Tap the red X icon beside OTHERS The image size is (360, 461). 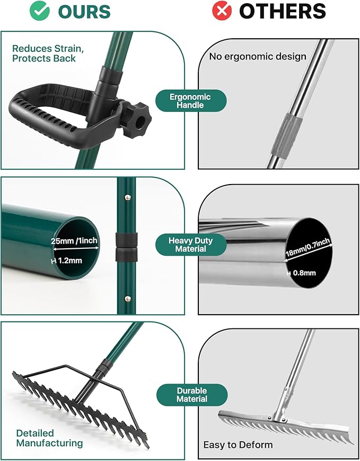222,12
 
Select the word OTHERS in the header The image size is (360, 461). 282,12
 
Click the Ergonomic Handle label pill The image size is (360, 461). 190,101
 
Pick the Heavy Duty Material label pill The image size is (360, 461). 190,245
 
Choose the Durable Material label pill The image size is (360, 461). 191,395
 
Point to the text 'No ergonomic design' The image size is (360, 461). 258,56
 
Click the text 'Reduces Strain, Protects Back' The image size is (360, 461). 48,54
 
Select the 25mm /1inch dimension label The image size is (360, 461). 74,241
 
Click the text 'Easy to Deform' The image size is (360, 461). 238,445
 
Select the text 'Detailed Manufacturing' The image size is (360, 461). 49,438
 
